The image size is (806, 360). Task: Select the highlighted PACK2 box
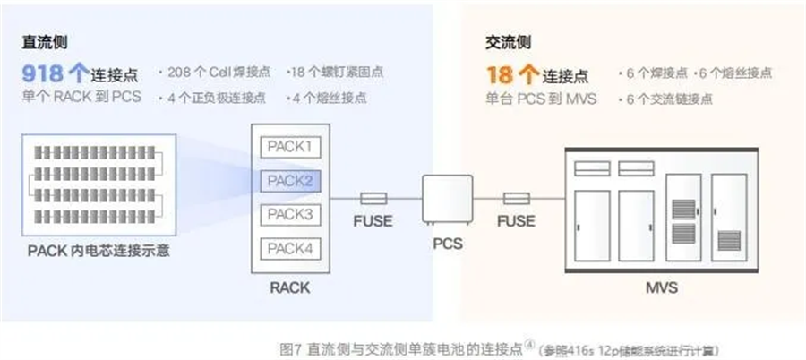(289, 181)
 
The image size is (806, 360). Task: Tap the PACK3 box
(289, 214)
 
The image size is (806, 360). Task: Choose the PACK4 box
(289, 248)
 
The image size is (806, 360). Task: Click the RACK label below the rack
(289, 287)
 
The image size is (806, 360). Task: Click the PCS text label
(447, 242)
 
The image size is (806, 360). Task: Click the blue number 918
(44, 74)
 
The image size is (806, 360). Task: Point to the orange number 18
(499, 74)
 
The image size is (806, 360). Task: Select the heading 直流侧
(47, 42)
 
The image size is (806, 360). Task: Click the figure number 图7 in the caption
(287, 347)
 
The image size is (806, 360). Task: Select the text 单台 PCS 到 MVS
(541, 99)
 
